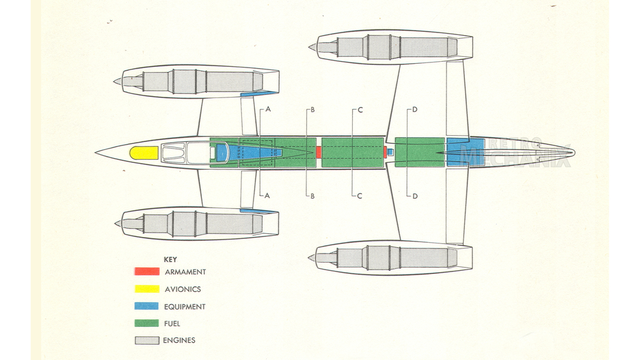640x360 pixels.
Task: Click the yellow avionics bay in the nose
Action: tap(144, 153)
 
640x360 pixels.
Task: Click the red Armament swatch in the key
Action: tap(146, 272)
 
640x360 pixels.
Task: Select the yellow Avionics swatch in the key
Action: tap(146, 289)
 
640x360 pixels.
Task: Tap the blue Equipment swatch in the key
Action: tap(146, 306)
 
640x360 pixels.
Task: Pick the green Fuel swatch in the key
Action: tap(146, 324)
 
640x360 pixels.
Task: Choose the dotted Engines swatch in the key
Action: tap(146, 341)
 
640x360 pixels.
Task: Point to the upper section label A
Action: tap(269, 110)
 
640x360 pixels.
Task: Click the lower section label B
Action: tap(312, 196)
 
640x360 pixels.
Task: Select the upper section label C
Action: tap(360, 110)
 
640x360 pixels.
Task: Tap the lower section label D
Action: tap(415, 196)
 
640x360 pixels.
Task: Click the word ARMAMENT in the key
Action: tap(185, 272)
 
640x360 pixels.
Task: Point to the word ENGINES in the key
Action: tap(180, 341)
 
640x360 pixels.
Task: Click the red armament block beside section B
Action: tap(319, 152)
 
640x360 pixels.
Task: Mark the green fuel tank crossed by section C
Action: tap(353, 152)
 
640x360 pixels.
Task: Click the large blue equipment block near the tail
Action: tap(457, 152)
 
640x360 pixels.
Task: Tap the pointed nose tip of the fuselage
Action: tap(97, 153)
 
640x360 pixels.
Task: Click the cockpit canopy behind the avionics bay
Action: tap(185, 153)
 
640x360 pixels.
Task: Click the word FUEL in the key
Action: tap(172, 324)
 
